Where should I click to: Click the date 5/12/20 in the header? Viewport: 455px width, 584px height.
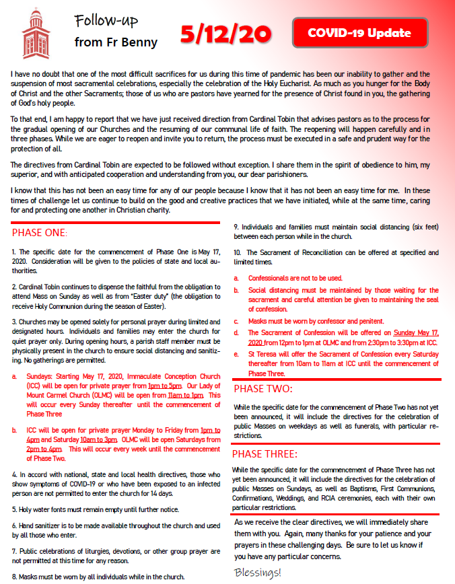click(x=225, y=33)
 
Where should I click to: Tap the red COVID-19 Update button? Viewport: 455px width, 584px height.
click(x=360, y=32)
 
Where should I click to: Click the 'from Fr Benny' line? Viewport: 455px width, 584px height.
click(x=116, y=42)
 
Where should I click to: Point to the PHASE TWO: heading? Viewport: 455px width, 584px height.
click(x=263, y=389)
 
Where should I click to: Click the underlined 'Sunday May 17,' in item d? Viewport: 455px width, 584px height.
click(x=415, y=332)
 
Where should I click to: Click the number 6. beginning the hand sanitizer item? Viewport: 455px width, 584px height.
click(x=15, y=525)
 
